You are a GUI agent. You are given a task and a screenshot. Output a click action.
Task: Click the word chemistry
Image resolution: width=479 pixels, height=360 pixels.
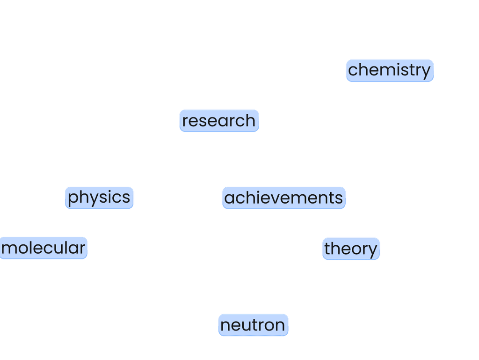pos(389,70)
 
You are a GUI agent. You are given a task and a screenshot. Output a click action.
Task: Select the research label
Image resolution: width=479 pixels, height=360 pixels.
pos(219,121)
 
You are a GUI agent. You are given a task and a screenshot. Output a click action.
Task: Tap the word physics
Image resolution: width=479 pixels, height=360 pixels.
pos(99,198)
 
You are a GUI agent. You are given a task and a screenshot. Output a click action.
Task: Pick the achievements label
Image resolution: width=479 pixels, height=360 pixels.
pos(283,198)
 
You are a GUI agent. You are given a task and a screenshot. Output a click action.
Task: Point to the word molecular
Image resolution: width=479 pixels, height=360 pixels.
pos(44,248)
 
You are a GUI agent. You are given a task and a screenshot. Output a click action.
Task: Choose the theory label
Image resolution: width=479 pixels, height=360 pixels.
pos(350,249)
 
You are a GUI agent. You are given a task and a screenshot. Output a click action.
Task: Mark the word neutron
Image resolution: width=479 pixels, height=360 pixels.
pos(253,325)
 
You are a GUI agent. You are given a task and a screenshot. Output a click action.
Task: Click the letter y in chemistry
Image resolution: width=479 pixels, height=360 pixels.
pos(425,71)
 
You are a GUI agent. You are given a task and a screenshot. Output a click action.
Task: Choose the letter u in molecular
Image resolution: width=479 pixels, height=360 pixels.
pos(58,249)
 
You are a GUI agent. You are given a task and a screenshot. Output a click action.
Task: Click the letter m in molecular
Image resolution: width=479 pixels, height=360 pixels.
pos(8,249)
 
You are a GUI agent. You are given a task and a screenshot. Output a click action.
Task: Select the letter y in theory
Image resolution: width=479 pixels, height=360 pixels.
pos(372,250)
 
